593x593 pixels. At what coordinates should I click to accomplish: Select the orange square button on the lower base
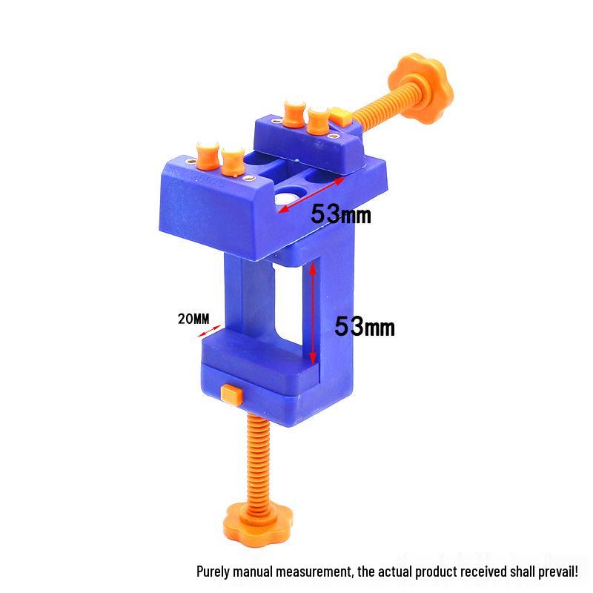click(x=231, y=393)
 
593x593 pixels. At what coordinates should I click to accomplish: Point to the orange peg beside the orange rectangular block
click(x=319, y=118)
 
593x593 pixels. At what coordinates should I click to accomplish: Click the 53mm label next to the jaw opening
click(x=340, y=215)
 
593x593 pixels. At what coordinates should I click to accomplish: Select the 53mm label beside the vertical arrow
click(x=365, y=326)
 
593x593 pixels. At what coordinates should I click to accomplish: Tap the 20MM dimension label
click(x=194, y=319)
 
